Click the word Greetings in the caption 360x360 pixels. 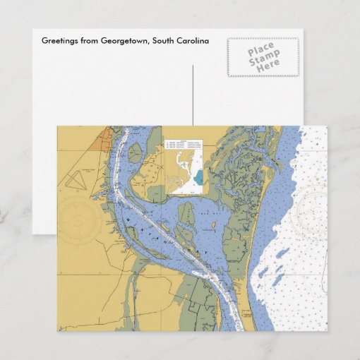point(60,41)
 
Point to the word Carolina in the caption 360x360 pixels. point(193,41)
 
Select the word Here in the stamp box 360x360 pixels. point(268,64)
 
